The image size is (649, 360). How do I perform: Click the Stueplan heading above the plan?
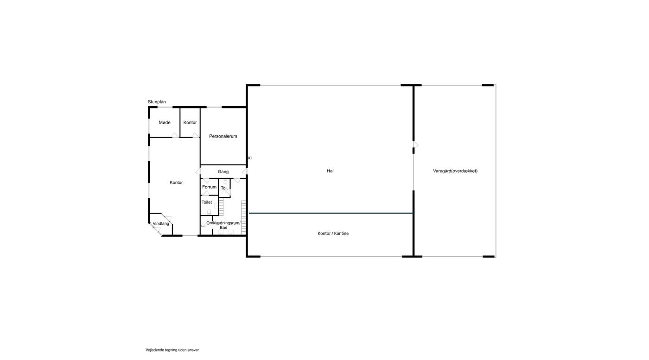[157, 102]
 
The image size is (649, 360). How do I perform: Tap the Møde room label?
[165, 122]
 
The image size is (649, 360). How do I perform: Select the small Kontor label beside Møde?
[190, 122]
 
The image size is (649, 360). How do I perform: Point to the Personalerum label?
[223, 136]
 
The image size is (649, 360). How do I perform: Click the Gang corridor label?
[223, 172]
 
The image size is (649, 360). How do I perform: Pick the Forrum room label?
[209, 187]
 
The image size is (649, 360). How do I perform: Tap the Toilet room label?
[207, 202]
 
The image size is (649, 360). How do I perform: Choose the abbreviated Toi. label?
[224, 188]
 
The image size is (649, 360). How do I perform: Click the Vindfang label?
[161, 224]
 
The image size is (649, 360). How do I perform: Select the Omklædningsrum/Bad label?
[223, 225]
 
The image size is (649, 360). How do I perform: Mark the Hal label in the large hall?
[330, 171]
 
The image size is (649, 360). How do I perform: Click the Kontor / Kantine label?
[333, 234]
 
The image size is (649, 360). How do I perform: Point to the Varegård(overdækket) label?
[455, 171]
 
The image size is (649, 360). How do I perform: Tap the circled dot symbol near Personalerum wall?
[249, 158]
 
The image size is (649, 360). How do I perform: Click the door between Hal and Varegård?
[415, 145]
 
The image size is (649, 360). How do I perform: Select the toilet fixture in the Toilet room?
[209, 212]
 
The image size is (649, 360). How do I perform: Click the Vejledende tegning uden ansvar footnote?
[172, 350]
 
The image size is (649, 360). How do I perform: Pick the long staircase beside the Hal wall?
[244, 217]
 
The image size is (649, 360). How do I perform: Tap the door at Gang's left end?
[198, 172]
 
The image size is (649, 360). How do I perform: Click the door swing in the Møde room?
[175, 135]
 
